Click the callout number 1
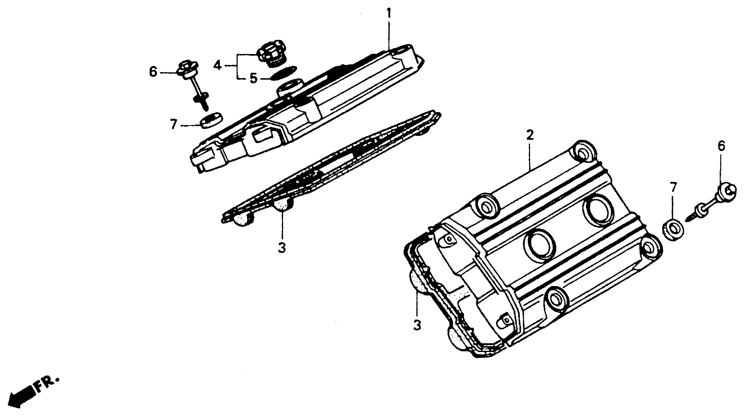pos(389,14)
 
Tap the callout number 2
pos(530,135)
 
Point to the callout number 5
pos(253,78)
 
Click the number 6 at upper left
pos(153,72)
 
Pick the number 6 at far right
pos(721,147)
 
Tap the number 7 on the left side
pos(174,125)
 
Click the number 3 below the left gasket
pos(282,247)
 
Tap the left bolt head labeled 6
pos(187,69)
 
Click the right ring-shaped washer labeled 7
pos(673,230)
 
